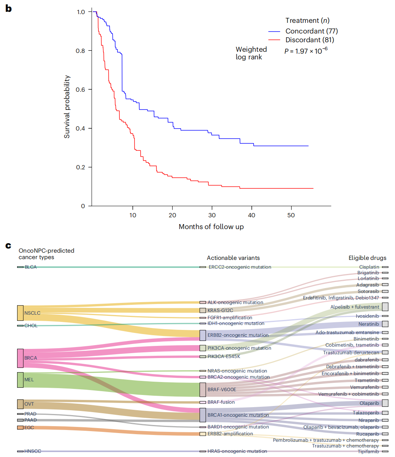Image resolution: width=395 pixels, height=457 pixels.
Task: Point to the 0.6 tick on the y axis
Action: point(81,89)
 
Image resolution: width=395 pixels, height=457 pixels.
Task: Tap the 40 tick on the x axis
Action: point(252,215)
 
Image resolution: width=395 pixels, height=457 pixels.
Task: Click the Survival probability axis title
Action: point(67,107)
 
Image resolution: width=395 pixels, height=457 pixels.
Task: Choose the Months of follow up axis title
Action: point(211,227)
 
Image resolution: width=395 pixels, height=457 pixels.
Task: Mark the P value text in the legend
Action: point(306,51)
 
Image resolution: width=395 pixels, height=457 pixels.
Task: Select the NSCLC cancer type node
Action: point(20,313)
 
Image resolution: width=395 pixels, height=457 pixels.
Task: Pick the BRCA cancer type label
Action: point(30,358)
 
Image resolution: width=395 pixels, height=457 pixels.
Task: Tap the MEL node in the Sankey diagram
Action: point(20,380)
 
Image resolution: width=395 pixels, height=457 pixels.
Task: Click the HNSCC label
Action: point(33,451)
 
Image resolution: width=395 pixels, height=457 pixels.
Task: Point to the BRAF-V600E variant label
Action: point(222,390)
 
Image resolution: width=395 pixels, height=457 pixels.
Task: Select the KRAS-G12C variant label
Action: point(220,311)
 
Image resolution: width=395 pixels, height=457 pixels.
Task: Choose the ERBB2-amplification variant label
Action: point(230,434)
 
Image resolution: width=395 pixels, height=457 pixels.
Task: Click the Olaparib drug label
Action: point(369,403)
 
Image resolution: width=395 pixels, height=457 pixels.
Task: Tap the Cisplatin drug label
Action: point(369,268)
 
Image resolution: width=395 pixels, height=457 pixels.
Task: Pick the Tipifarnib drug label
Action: point(368,452)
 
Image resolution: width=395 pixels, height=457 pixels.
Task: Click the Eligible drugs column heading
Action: point(367,258)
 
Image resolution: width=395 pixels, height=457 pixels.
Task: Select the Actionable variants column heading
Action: point(233,258)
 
